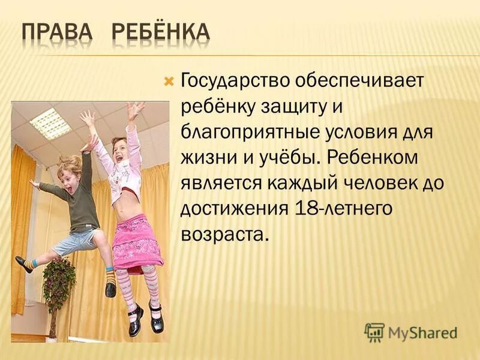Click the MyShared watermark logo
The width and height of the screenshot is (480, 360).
coord(411,331)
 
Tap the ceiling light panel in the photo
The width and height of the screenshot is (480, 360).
coord(50,123)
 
